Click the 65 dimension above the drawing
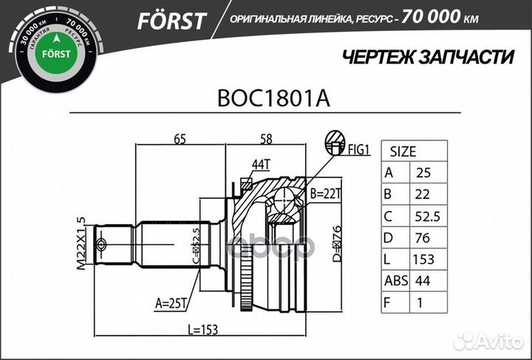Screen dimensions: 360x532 pyautogui.click(x=180, y=137)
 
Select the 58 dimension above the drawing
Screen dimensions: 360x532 pyautogui.click(x=267, y=137)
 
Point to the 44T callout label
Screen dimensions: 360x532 pyautogui.click(x=261, y=164)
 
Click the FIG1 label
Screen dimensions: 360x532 pyautogui.click(x=358, y=150)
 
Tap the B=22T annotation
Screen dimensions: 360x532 pyautogui.click(x=325, y=194)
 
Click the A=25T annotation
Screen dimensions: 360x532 pyautogui.click(x=171, y=302)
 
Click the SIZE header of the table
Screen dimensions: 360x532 pyautogui.click(x=403, y=152)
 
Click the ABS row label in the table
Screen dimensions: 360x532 pyautogui.click(x=395, y=280)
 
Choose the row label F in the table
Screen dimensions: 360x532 pyautogui.click(x=389, y=302)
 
